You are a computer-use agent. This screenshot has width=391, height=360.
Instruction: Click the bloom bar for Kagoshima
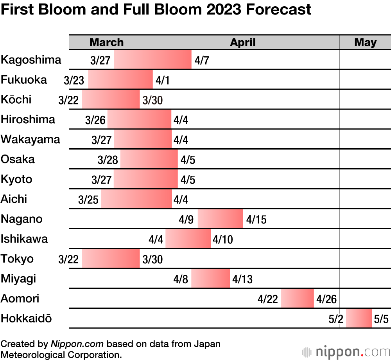(152, 59)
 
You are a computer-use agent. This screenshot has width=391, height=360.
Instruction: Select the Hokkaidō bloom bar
(359, 318)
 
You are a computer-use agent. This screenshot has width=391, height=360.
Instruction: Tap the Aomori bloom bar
(297, 299)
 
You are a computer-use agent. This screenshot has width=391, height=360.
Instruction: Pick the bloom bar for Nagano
(220, 219)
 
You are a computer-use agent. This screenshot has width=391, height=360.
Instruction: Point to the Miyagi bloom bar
(210, 278)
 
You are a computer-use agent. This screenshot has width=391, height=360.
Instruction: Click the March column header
(106, 42)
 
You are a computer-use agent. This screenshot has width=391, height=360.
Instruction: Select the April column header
(242, 42)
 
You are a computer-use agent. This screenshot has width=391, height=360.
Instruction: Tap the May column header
(365, 42)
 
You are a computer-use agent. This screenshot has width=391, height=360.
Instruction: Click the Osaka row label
(18, 159)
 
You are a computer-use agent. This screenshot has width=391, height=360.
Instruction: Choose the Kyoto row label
(16, 180)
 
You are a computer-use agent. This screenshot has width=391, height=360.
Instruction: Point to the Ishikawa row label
(24, 239)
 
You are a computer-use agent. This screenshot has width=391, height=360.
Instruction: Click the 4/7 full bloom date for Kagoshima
(201, 60)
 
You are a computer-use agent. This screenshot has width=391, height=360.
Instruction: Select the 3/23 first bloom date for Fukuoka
(74, 80)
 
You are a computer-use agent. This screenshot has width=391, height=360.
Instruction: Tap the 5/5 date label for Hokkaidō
(381, 319)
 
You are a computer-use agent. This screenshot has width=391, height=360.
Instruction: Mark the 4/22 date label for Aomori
(268, 299)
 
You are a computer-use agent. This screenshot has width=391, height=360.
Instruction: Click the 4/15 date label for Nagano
(256, 220)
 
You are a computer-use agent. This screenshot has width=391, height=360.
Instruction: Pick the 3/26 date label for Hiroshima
(95, 120)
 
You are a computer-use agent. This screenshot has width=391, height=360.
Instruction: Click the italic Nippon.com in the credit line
(77, 344)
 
